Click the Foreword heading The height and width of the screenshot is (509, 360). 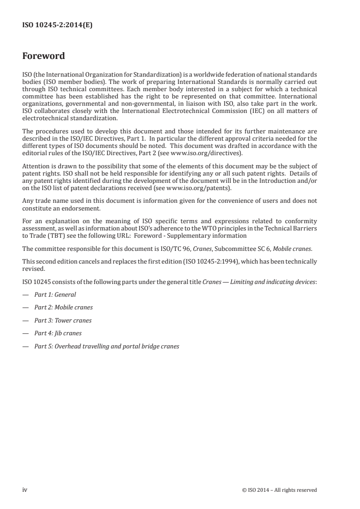[x=44, y=56]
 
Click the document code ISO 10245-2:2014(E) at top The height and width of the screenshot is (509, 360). [x=57, y=26]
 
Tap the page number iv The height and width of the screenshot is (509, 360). [x=25, y=489]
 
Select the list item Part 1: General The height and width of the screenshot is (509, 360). [x=55, y=294]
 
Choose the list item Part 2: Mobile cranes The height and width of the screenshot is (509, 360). [x=64, y=307]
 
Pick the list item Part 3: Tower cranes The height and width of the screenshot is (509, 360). [x=63, y=320]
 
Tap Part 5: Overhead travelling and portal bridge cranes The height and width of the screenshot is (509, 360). [x=107, y=346]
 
